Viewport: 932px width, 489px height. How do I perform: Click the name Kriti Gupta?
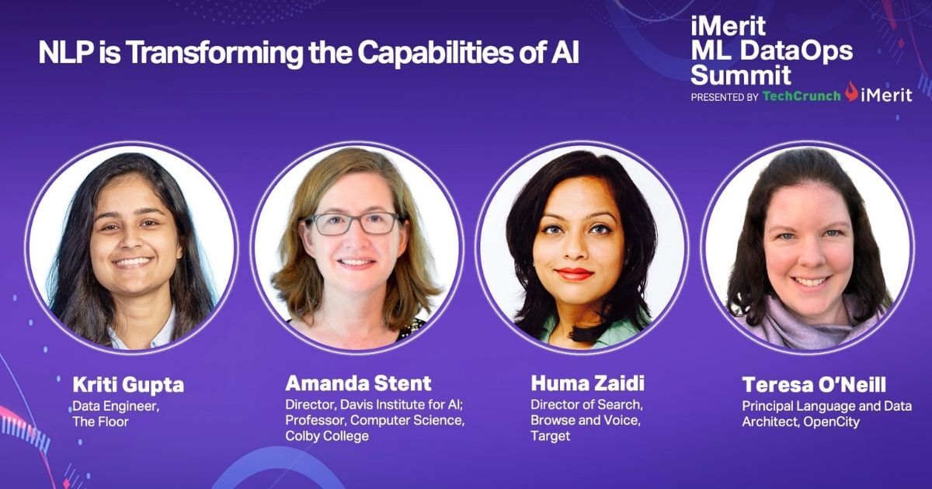(x=128, y=385)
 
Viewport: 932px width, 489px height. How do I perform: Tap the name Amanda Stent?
(x=358, y=383)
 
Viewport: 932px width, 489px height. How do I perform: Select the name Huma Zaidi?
(x=588, y=383)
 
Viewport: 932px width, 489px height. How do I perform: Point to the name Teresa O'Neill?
(x=814, y=385)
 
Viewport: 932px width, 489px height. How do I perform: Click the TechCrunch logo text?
(x=801, y=96)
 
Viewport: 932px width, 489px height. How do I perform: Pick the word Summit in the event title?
(x=741, y=75)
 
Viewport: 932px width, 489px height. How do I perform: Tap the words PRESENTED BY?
(x=724, y=97)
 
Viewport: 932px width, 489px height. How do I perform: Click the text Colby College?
(x=327, y=436)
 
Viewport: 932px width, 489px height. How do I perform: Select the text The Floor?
(x=99, y=421)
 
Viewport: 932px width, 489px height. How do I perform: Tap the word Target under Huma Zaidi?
(x=550, y=436)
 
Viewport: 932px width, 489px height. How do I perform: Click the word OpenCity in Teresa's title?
(x=833, y=422)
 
